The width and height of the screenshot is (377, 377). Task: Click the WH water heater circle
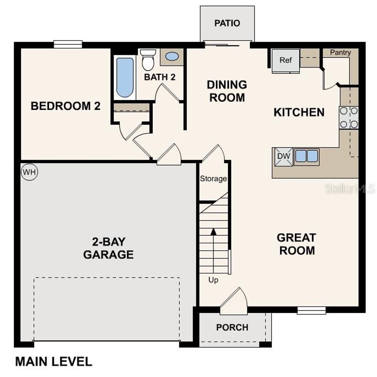pos(29,172)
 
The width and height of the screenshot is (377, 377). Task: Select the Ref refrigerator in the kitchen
pos(286,60)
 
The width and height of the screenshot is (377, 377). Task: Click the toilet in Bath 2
pos(148,61)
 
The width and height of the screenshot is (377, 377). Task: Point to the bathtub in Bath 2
pos(125,77)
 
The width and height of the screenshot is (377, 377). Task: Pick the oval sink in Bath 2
pos(172,57)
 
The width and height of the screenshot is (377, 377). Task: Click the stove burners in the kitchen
pos(348,117)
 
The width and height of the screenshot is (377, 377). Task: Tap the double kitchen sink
pos(306,156)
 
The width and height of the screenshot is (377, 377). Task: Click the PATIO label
pos(227,23)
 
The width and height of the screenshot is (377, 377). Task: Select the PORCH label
pos(232,327)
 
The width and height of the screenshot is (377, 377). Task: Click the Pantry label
pos(340,53)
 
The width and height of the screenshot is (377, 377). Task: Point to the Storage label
pos(213,179)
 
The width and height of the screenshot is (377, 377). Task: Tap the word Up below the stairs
pos(213,280)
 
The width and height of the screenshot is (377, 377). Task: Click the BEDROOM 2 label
pos(66,106)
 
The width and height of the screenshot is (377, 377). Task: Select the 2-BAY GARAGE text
pos(108,248)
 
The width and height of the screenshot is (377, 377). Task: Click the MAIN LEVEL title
pos(54,362)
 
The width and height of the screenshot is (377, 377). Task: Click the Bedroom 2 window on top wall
pos(68,44)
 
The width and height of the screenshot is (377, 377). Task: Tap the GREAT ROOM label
pos(296,244)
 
